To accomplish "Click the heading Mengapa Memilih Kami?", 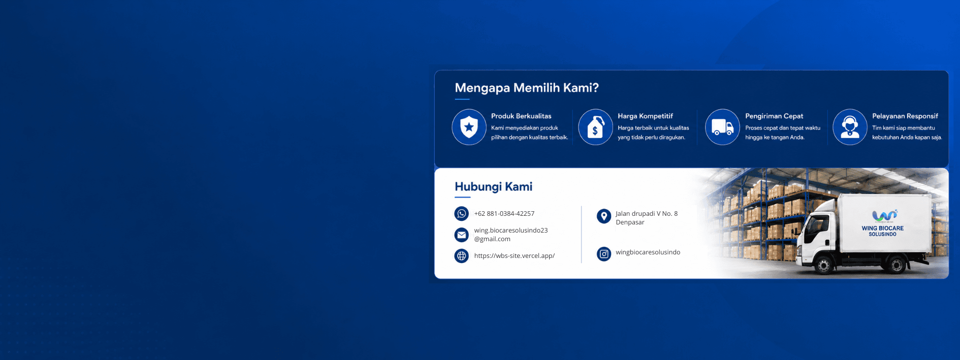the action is (x=527, y=88).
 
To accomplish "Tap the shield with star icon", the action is (x=469, y=127).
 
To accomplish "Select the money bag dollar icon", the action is (x=595, y=127).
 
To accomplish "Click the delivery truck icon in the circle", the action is (x=722, y=127).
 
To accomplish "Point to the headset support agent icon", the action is (x=850, y=127).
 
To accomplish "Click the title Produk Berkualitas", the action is (x=521, y=116).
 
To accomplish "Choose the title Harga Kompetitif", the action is (x=645, y=116).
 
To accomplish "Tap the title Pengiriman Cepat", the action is (x=774, y=116).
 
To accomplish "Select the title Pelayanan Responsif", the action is (x=905, y=116).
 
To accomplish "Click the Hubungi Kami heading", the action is (x=493, y=187).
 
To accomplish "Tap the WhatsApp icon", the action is (x=461, y=214).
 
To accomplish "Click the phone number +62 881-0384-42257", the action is (x=504, y=214).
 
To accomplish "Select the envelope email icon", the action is (x=461, y=235).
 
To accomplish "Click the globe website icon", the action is (x=461, y=256).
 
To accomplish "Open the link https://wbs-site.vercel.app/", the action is (x=514, y=256).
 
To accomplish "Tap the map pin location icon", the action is (x=603, y=216).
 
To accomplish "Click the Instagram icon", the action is (x=603, y=254).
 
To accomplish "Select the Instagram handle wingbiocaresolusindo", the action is (x=648, y=252).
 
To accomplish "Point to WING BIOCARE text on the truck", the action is (x=882, y=228).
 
